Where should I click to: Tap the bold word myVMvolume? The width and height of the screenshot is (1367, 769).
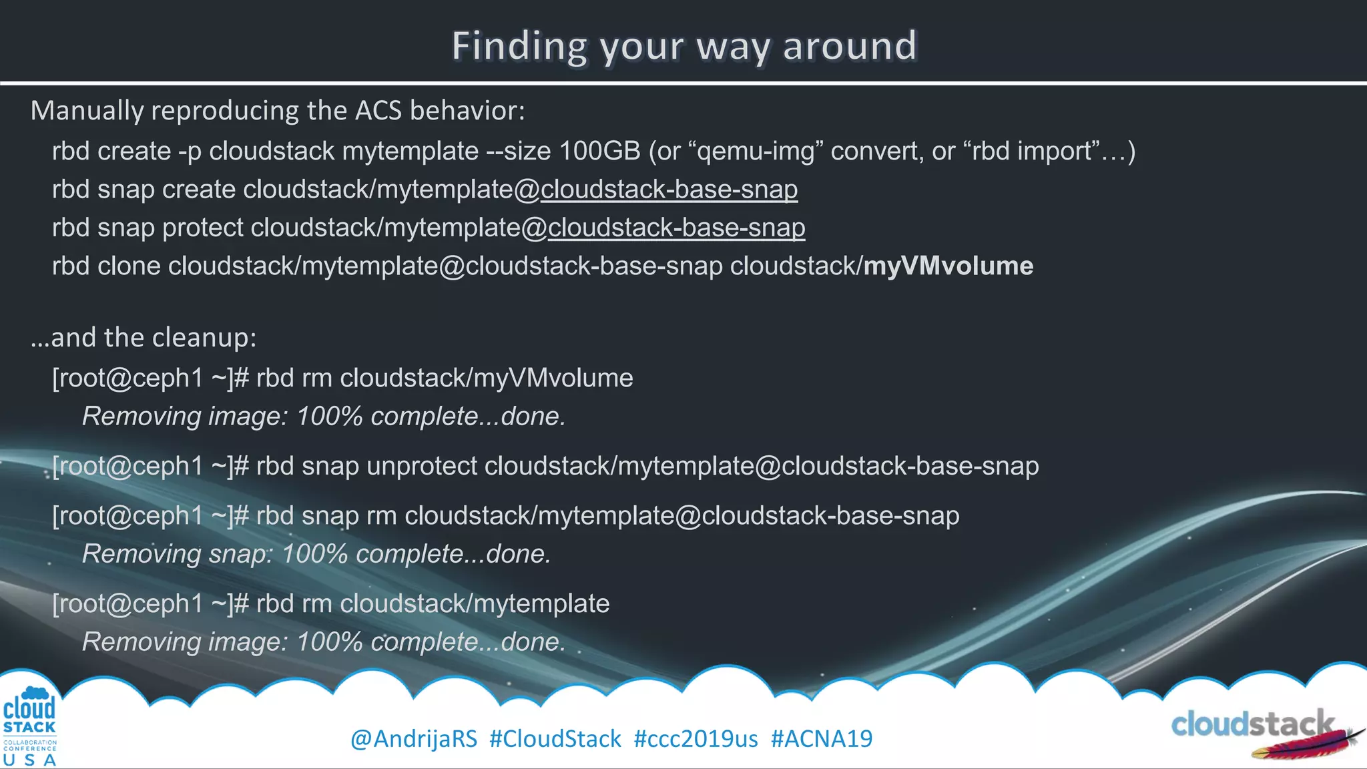[x=948, y=266]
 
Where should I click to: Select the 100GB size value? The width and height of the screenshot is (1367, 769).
[x=599, y=152]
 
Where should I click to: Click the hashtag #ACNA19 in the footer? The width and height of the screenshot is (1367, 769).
[x=821, y=739]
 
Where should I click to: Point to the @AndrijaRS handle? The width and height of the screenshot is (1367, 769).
[x=414, y=739]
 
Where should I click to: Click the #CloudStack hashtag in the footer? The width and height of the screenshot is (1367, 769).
[x=555, y=739]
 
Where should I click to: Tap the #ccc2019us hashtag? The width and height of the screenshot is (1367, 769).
[x=696, y=739]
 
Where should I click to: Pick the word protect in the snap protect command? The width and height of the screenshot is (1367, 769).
[x=203, y=228]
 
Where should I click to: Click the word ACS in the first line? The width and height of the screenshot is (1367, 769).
[x=378, y=111]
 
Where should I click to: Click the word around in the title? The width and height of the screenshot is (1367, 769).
[x=849, y=47]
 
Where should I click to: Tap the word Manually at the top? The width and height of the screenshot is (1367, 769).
[x=87, y=111]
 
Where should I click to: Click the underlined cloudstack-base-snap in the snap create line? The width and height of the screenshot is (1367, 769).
[x=669, y=190]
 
